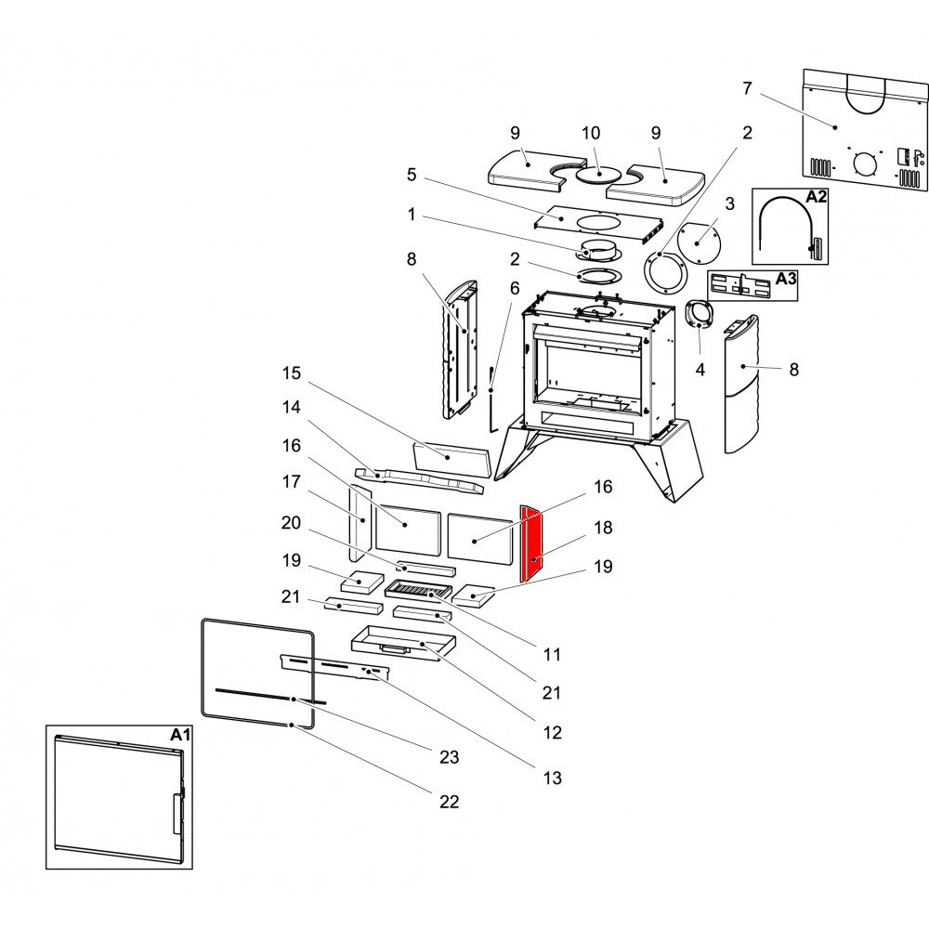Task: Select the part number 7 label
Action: [x=747, y=88]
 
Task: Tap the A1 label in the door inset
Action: [x=180, y=735]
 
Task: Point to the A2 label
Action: [x=816, y=197]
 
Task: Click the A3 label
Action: [x=785, y=278]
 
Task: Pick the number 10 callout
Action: [x=591, y=133]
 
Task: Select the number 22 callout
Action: [x=449, y=801]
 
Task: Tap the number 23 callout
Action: [x=449, y=757]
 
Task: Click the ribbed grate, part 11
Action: [x=418, y=589]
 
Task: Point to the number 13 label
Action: [x=552, y=778]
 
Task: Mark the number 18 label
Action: [x=603, y=527]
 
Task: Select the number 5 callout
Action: [x=411, y=174]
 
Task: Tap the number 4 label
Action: [x=700, y=370]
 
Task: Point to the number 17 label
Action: [x=293, y=481]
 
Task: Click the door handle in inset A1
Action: [x=177, y=814]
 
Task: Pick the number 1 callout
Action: [x=411, y=215]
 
